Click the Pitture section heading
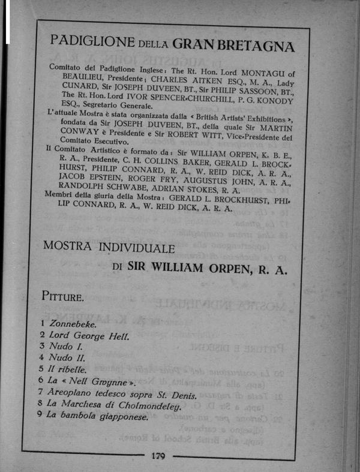[63, 296]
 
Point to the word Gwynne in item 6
[112, 381]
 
